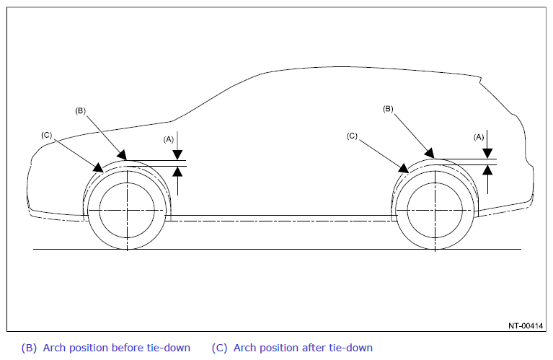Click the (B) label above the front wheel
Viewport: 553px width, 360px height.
81,111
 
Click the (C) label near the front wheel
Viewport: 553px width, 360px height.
47,135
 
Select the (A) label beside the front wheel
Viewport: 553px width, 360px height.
169,140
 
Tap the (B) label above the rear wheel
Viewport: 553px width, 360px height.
388,109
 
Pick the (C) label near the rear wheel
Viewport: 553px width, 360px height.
352,136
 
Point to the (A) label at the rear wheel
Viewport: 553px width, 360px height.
479,137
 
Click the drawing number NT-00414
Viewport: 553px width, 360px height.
526,326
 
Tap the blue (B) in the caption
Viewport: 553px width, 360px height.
29,348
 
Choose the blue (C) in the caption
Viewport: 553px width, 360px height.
219,348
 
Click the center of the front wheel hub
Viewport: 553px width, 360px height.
127,211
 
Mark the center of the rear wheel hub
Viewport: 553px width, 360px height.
435,211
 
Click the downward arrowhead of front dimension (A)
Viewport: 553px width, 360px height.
178,155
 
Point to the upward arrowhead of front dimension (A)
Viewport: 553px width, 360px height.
178,171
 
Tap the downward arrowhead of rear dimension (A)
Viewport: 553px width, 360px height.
487,154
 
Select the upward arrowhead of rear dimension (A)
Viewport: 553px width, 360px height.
487,170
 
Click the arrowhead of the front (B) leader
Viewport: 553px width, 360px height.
122,155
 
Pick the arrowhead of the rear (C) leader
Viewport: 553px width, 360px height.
404,168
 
